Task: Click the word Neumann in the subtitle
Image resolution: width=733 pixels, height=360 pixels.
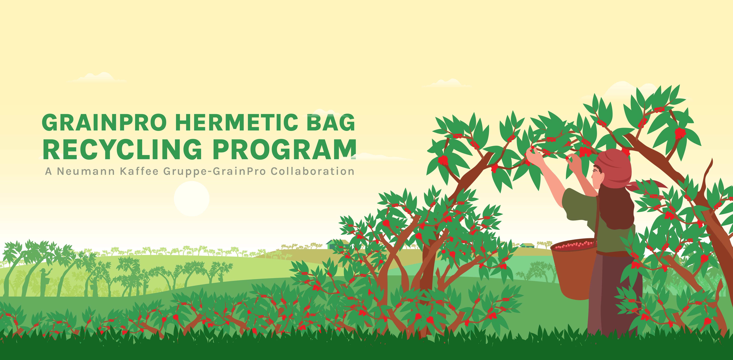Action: (86, 171)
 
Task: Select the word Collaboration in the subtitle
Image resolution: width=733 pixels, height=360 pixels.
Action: (312, 171)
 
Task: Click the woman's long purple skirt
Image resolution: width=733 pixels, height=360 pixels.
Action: (615, 295)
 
